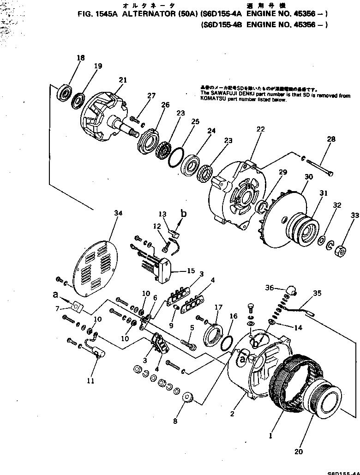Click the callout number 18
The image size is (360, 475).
pos(81,58)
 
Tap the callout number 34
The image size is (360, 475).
pos(118,213)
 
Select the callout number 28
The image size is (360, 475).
pos(331,139)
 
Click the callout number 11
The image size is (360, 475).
pos(90,380)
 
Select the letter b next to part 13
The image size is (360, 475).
pos(184,214)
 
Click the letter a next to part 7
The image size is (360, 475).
pos(55,293)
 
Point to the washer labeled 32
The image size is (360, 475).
pos(329,242)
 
